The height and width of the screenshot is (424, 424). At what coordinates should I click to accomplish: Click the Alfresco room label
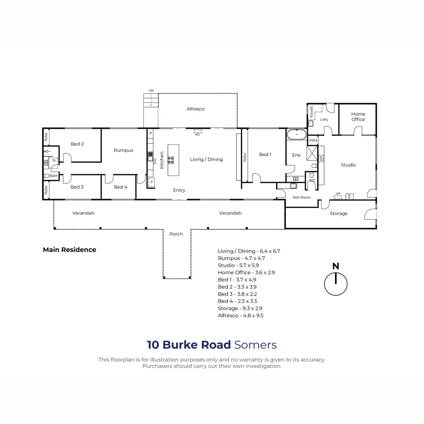(x=196, y=109)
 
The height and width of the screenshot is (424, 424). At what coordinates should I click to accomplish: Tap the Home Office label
(x=358, y=117)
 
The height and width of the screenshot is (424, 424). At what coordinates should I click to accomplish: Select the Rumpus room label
(x=123, y=150)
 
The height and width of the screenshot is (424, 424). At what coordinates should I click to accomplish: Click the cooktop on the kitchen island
(x=171, y=160)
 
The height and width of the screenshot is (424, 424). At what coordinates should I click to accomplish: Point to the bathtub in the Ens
(x=296, y=135)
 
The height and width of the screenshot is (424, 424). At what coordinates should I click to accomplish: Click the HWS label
(x=313, y=140)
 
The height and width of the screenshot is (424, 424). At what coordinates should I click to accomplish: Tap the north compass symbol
(x=336, y=280)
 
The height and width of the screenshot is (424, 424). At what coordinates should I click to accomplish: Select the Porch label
(x=176, y=234)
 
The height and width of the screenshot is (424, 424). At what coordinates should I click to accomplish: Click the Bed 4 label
(x=121, y=187)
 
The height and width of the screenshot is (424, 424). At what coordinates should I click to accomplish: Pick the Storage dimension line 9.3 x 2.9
(x=240, y=308)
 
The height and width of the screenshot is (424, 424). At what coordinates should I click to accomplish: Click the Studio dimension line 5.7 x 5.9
(x=238, y=265)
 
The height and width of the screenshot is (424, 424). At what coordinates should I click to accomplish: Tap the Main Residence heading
(x=69, y=250)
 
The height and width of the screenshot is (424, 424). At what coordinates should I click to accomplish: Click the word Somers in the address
(x=256, y=345)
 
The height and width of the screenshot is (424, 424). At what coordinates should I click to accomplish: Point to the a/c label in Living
(x=198, y=134)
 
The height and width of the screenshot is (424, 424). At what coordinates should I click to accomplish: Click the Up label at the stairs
(x=151, y=90)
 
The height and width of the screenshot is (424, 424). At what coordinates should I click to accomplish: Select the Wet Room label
(x=302, y=197)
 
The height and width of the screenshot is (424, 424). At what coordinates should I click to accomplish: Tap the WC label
(x=312, y=181)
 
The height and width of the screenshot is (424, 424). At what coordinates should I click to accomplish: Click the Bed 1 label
(x=265, y=154)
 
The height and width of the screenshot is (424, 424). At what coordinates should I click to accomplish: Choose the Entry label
(x=179, y=190)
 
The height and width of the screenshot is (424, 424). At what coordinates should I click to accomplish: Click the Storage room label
(x=338, y=213)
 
